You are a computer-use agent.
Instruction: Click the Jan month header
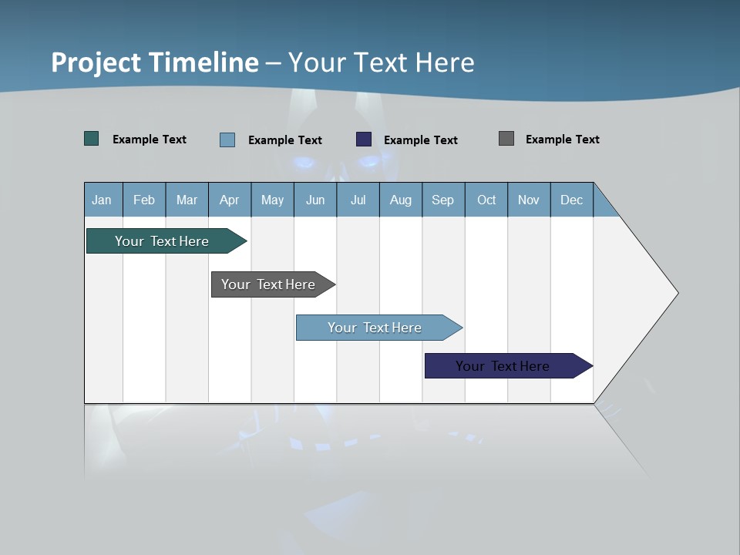click(x=102, y=200)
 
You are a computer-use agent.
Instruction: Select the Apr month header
click(x=230, y=200)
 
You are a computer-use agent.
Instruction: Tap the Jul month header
click(x=358, y=200)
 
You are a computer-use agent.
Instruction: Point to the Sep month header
click(x=442, y=200)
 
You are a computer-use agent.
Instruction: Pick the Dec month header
click(x=571, y=200)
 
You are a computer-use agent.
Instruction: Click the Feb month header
click(x=144, y=200)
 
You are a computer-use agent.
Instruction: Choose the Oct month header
click(x=486, y=200)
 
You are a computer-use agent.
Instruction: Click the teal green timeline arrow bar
click(x=162, y=241)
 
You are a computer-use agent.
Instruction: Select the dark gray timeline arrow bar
click(x=268, y=284)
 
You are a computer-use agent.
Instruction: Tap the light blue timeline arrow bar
click(x=375, y=328)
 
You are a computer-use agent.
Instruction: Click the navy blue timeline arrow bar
click(x=503, y=366)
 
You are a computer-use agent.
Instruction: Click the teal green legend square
click(x=91, y=139)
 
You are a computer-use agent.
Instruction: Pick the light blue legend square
click(x=227, y=140)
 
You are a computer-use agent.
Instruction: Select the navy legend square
click(x=364, y=140)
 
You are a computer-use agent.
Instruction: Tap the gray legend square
click(x=506, y=139)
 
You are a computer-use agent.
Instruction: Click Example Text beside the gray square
click(x=562, y=140)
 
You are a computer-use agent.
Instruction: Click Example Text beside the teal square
click(x=150, y=140)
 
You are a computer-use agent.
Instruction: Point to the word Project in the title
click(x=96, y=62)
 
